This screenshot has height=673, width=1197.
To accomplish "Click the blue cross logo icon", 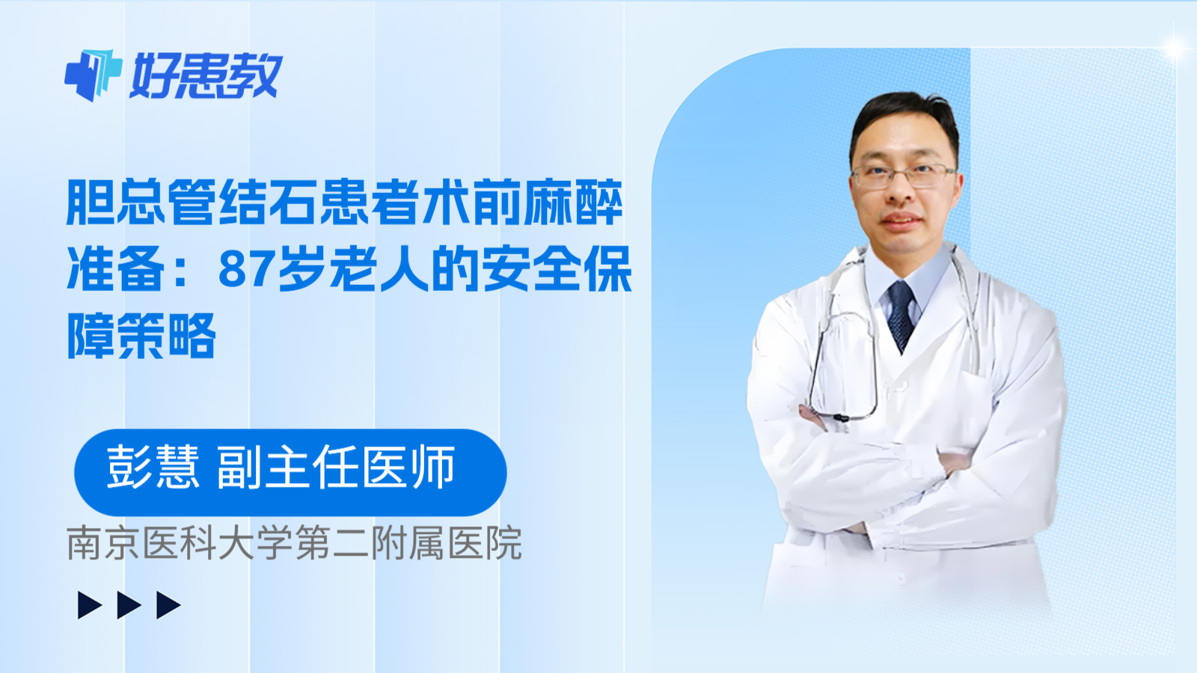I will [x=93, y=75].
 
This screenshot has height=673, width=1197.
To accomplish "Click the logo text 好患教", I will [x=206, y=76].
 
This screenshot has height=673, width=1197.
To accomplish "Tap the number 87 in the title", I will [x=245, y=270].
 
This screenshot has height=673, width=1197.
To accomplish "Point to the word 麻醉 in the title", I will [x=572, y=203].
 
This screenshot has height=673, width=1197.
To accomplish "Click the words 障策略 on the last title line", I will [x=141, y=336].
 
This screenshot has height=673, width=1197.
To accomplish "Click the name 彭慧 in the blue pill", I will [x=153, y=467].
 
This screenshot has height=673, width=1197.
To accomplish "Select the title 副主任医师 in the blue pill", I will [x=336, y=467].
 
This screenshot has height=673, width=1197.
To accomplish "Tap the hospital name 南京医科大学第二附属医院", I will [x=294, y=544].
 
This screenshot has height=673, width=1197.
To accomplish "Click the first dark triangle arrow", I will [x=90, y=605].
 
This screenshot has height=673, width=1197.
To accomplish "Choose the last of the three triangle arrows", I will [x=168, y=605].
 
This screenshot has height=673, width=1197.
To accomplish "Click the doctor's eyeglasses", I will [x=904, y=176].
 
